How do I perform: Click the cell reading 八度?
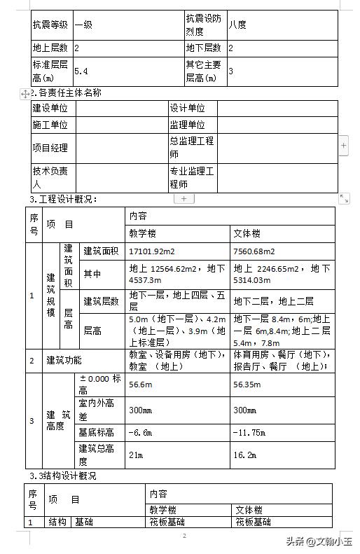coord(237,25)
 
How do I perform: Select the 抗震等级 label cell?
coord(50,25)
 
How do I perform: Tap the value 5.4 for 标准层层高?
coord(81,71)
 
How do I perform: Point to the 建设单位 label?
coord(50,109)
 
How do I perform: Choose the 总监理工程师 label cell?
coord(191,147)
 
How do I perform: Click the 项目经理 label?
coord(50,148)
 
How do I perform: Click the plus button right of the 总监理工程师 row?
coord(343,146)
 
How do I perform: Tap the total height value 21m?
coord(135,455)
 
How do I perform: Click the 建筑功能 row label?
coord(64,361)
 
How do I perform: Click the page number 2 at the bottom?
coord(184,536)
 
